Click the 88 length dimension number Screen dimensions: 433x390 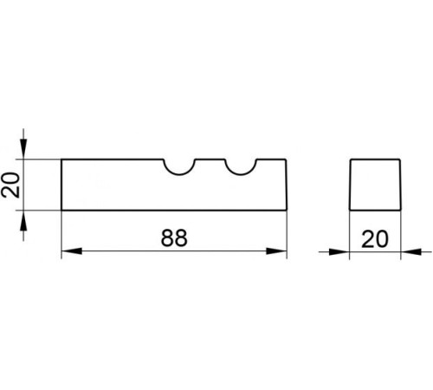174,238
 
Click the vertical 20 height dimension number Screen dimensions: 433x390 10,185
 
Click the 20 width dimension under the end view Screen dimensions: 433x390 375,239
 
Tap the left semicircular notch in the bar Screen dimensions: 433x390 179,173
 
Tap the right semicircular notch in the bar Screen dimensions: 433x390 241,173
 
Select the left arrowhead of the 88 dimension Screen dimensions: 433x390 72,250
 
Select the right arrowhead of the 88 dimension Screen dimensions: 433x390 276,250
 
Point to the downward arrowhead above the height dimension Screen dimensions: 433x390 23,149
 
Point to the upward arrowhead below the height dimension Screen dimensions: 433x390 23,220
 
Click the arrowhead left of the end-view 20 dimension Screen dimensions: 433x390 339,251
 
